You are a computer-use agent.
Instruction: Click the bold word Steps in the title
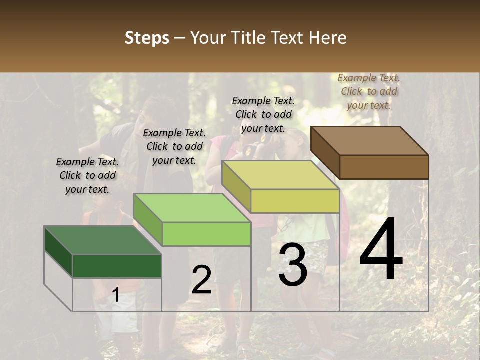pyautogui.click(x=147, y=38)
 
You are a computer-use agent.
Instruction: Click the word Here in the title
pyautogui.click(x=328, y=38)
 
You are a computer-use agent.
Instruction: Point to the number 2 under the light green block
pyautogui.click(x=201, y=280)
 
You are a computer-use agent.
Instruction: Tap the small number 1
pyautogui.click(x=116, y=295)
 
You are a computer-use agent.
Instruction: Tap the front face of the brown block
pyautogui.click(x=384, y=167)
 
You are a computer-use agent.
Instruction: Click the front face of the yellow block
pyautogui.click(x=295, y=201)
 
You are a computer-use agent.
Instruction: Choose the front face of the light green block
pyautogui.click(x=206, y=234)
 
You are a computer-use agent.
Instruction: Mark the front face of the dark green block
pyautogui.click(x=117, y=266)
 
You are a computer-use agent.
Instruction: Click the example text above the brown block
pyautogui.click(x=369, y=91)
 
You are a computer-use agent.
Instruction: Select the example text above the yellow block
pyautogui.click(x=263, y=114)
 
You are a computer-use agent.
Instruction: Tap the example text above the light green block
pyautogui.click(x=174, y=146)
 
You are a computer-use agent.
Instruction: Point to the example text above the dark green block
pyautogui.click(x=87, y=175)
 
